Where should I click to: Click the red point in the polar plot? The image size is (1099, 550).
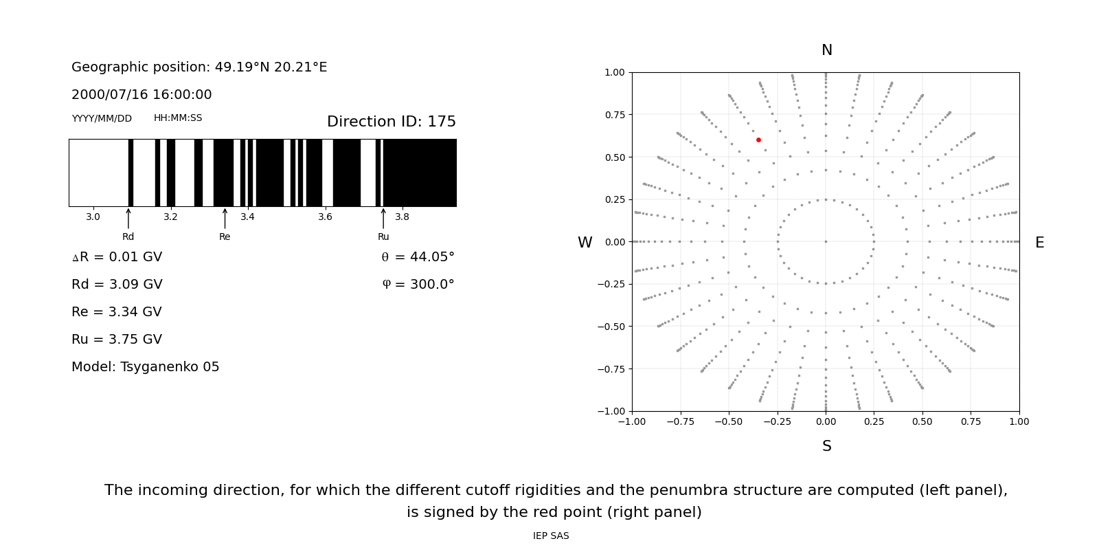(758, 140)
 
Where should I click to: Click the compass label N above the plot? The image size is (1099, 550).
(827, 50)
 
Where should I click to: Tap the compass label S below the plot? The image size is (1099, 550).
(827, 446)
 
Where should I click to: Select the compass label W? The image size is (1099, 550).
(585, 243)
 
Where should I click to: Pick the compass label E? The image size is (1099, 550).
(1039, 243)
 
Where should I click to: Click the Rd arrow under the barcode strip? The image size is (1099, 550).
(128, 219)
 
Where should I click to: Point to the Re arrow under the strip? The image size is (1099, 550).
(225, 219)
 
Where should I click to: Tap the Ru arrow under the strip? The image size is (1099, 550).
(383, 219)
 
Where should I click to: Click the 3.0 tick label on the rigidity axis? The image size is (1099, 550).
(93, 217)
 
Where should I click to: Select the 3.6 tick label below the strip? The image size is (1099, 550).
(325, 217)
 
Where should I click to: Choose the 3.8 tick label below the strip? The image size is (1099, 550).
(402, 217)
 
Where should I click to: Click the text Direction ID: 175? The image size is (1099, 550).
(392, 122)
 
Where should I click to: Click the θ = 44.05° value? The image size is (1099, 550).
(418, 257)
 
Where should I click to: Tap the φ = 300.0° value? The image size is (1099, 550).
(418, 285)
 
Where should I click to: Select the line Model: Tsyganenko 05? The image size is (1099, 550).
(146, 367)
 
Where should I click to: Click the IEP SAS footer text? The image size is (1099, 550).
(551, 536)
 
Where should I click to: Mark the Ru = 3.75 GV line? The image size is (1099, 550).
(117, 340)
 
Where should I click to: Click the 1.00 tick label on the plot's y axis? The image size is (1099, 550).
(615, 72)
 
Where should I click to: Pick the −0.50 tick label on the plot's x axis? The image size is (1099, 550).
(729, 421)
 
